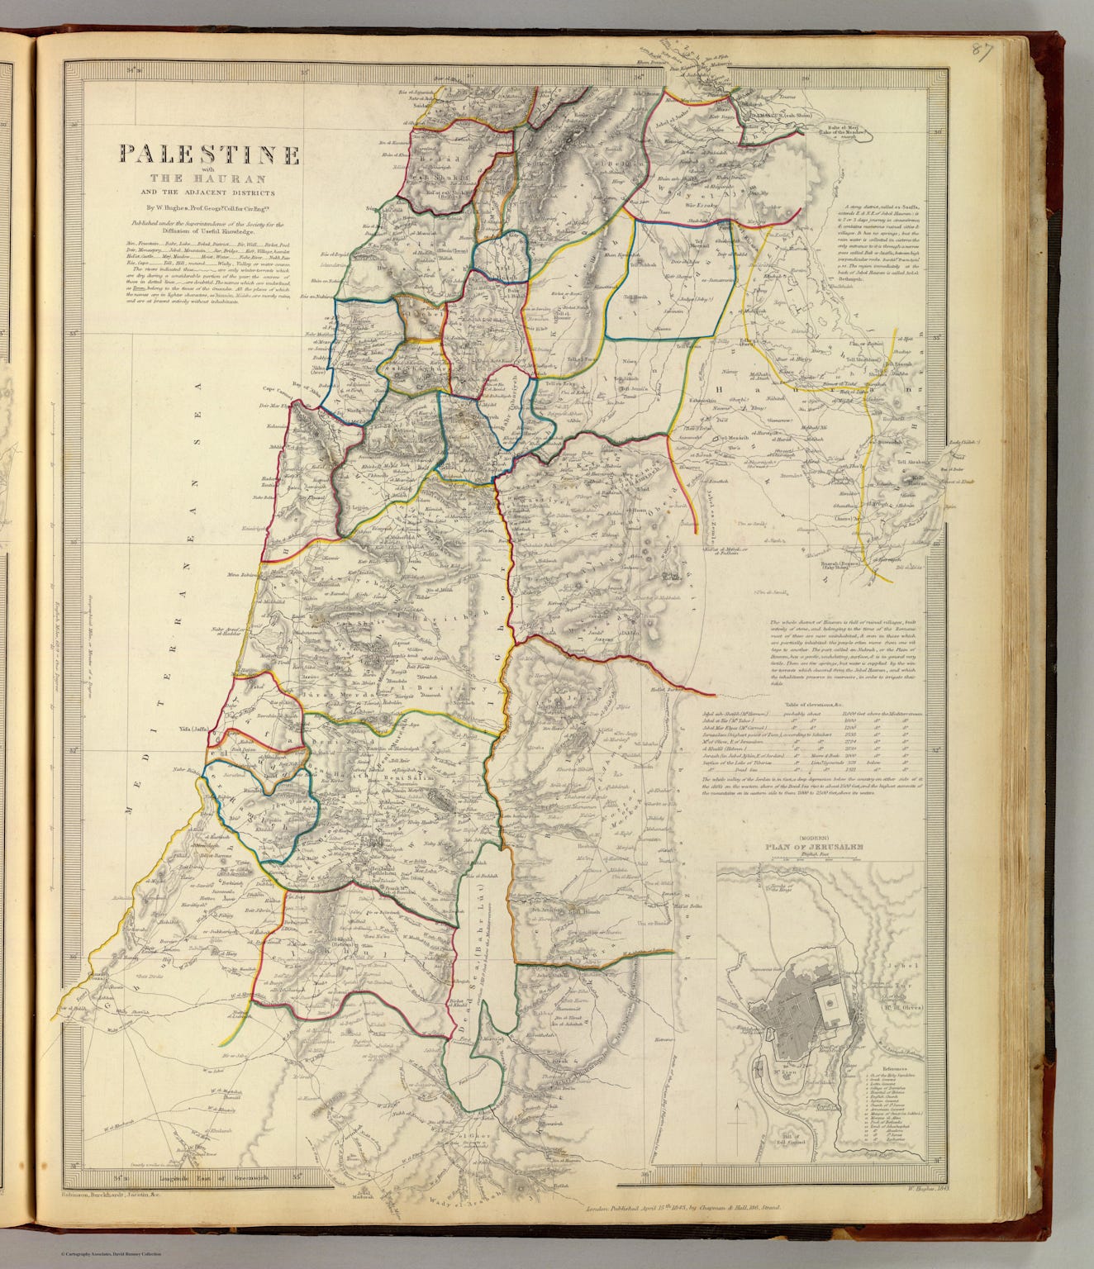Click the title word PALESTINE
[x=210, y=154]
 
